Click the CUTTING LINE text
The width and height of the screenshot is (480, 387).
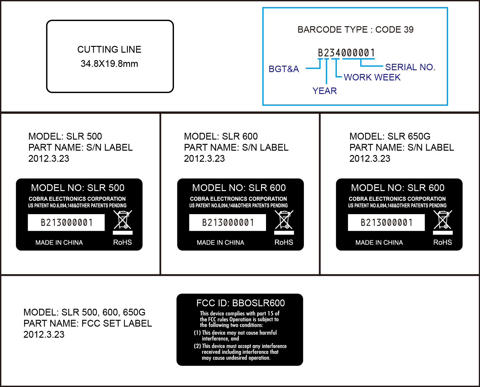(x=109, y=50)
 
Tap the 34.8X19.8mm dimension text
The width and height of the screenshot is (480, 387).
(x=109, y=64)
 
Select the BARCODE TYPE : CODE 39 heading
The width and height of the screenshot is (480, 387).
(x=355, y=30)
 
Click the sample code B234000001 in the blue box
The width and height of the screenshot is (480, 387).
(x=346, y=53)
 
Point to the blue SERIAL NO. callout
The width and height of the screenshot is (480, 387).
(x=410, y=67)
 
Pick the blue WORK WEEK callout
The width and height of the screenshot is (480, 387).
(x=372, y=77)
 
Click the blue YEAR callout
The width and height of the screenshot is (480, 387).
(x=325, y=91)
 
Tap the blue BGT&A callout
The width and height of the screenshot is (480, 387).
(x=284, y=69)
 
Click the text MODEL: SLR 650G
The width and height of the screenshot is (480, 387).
(x=389, y=136)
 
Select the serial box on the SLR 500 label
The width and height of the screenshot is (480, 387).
(x=67, y=222)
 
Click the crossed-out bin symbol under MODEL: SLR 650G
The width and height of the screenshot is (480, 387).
(x=443, y=220)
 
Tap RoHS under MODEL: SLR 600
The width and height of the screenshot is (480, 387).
(x=284, y=242)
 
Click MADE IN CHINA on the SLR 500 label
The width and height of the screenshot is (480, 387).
(x=59, y=243)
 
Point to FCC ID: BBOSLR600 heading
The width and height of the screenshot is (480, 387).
(x=240, y=303)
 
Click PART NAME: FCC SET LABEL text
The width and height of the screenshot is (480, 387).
(x=88, y=324)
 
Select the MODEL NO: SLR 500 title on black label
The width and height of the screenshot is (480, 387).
(x=78, y=188)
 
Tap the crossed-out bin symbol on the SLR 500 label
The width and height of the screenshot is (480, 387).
(x=123, y=220)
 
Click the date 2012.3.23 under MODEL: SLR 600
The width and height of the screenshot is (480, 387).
(x=204, y=159)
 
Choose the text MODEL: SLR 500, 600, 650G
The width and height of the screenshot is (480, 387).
(x=84, y=312)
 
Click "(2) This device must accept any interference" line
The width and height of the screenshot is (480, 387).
(x=240, y=346)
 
